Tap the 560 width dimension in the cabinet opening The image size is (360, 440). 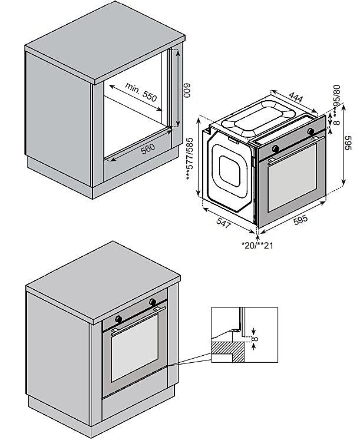pos(148,149)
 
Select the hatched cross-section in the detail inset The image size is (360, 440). pos(229,350)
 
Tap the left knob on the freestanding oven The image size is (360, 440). pos(275,147)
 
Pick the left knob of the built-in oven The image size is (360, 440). pos(120,318)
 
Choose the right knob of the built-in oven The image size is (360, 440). pos(153,302)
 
